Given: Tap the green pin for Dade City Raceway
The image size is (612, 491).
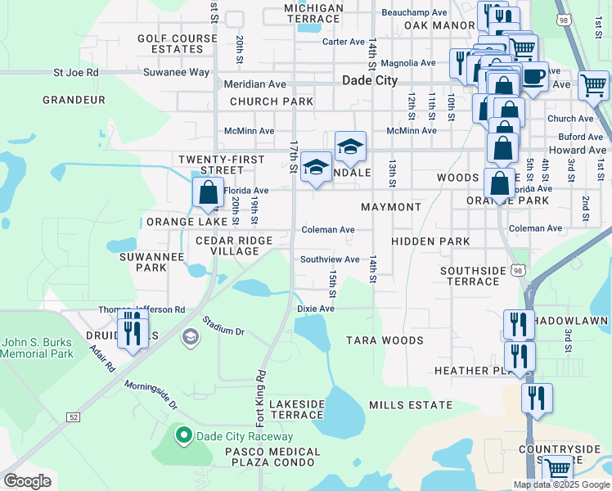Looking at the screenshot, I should tap(184, 435).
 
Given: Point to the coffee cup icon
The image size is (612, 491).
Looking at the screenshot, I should tap(533, 78).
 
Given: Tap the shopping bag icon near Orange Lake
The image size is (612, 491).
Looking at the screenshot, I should tap(209, 193).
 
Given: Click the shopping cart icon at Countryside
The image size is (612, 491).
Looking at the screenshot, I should tap(557, 469).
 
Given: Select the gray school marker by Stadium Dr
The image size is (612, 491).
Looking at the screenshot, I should tap(190, 337).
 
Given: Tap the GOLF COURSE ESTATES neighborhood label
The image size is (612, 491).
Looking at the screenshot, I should tap(170, 43).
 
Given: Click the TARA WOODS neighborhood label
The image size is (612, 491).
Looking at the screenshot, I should tap(385, 340).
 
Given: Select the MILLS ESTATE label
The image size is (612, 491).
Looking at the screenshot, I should tap(411, 405).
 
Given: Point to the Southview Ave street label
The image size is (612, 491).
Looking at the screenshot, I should tap(330, 259).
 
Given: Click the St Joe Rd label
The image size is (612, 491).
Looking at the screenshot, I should tap(76, 72).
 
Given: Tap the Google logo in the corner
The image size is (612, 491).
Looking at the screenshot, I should tap(27, 481).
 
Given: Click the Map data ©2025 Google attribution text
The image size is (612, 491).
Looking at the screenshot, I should tap(561, 484).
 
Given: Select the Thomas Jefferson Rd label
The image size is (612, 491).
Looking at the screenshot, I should tap(142, 310).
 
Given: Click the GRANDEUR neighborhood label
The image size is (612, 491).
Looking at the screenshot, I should tap(74, 100).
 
